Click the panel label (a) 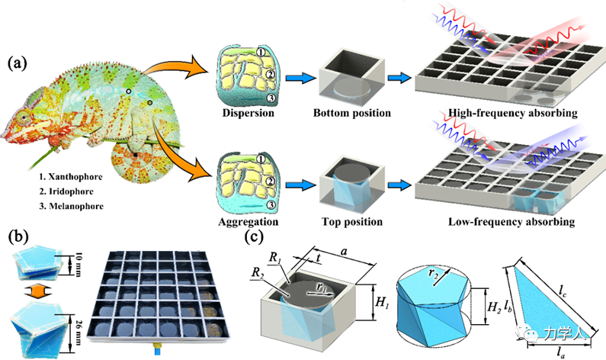19,62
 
